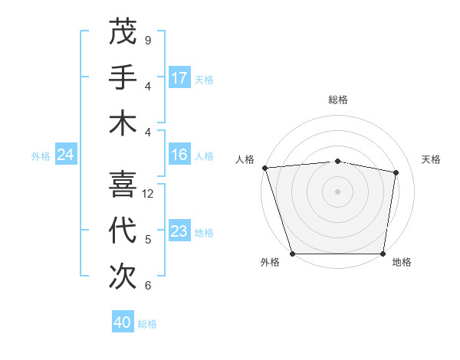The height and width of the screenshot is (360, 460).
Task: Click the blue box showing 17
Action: point(179,78)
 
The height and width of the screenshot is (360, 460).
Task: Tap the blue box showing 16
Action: point(179,155)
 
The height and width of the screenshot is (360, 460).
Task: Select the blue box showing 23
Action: point(179,232)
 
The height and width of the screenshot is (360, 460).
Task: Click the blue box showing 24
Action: point(66,155)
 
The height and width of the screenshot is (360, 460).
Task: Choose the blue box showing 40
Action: point(123,322)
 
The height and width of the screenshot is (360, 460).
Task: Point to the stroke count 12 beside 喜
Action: point(149,194)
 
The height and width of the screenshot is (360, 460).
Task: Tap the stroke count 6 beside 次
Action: point(147,286)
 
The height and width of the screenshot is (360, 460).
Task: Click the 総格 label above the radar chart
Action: point(337,100)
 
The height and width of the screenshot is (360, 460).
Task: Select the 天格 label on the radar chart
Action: point(431,159)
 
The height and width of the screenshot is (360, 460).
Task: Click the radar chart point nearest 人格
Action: point(264,168)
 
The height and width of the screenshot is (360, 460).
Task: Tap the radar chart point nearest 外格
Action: point(293,254)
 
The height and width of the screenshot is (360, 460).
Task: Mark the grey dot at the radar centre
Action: point(337,191)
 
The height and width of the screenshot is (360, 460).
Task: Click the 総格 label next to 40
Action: point(147,323)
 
